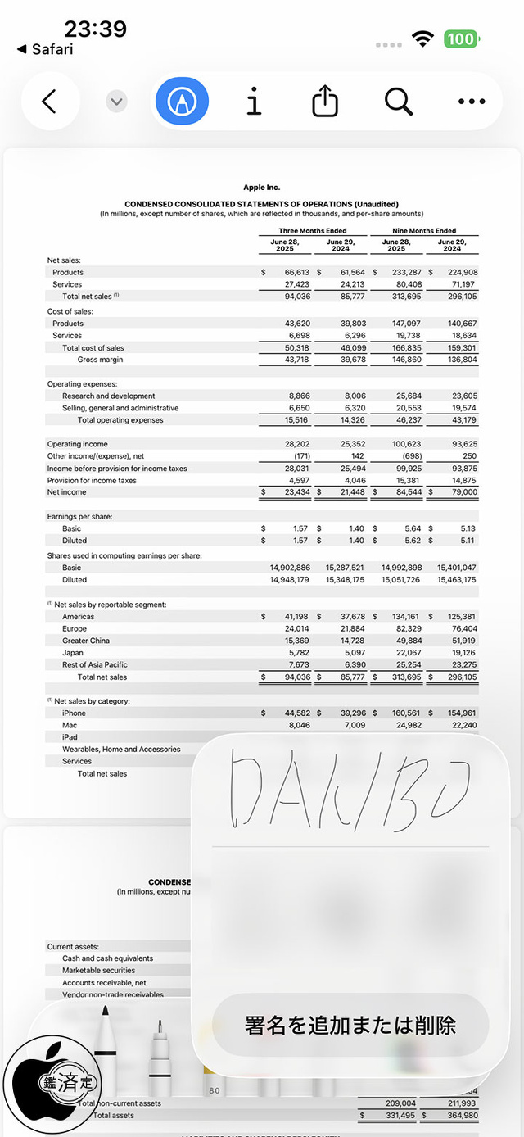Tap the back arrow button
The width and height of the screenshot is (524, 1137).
tap(49, 102)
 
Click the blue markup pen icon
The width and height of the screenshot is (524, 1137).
tap(182, 102)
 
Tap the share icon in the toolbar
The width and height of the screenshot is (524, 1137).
tap(325, 102)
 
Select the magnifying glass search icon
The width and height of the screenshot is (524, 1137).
tap(398, 102)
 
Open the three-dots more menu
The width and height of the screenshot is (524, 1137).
tap(472, 102)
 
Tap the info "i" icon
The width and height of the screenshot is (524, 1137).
tap(254, 102)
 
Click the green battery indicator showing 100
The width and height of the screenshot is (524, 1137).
tap(461, 39)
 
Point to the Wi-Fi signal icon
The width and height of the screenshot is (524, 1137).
tap(422, 39)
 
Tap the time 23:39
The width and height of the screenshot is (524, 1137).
tap(95, 29)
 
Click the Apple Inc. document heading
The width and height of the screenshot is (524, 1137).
tap(261, 188)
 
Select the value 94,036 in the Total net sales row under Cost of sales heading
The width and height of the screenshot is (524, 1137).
tap(296, 297)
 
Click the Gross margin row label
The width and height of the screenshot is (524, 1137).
tap(100, 360)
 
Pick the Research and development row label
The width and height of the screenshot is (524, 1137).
tap(108, 396)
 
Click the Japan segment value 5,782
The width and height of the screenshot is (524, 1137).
tap(296, 653)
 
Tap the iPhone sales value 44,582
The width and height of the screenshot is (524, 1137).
tap(295, 713)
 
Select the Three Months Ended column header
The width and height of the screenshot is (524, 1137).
tap(312, 231)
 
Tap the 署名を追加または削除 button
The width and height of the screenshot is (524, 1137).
tap(350, 1025)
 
